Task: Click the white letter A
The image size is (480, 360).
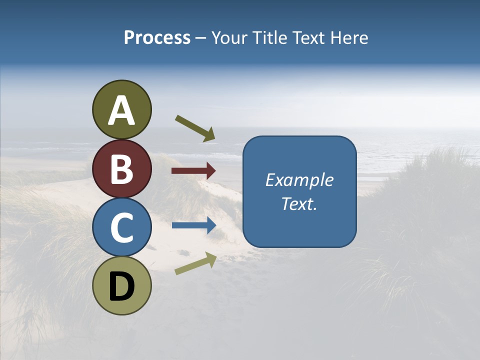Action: pos(122,110)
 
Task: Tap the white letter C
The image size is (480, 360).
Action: pos(122,227)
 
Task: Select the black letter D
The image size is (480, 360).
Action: pos(122,286)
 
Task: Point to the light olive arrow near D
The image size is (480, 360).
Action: pos(195,263)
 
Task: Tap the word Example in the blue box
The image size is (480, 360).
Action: pos(299,180)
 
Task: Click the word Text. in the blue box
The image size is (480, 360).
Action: pos(299,204)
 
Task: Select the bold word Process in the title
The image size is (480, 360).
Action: pos(157,37)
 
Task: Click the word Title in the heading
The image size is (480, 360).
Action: pos(266,37)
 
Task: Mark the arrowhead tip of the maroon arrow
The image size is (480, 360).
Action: pos(215,171)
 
